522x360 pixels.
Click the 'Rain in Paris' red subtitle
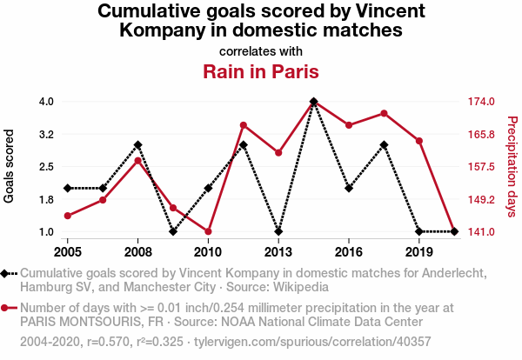(x=261, y=71)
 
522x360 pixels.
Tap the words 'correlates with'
(x=261, y=50)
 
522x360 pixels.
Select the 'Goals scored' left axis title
(x=10, y=167)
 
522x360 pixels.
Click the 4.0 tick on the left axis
(x=46, y=102)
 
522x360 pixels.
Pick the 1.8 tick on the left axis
(x=46, y=200)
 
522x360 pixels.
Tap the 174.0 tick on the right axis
(x=482, y=102)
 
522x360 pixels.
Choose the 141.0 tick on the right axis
(x=482, y=232)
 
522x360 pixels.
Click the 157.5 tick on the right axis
(x=482, y=167)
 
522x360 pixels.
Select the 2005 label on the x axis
(x=68, y=252)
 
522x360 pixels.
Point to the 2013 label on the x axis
(x=278, y=252)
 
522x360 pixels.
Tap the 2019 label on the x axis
(x=419, y=252)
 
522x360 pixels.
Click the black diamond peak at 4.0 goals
(x=313, y=102)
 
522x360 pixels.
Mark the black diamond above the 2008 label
(x=138, y=145)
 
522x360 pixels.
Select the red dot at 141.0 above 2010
(x=209, y=231)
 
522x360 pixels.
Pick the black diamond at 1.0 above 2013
(x=278, y=231)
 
